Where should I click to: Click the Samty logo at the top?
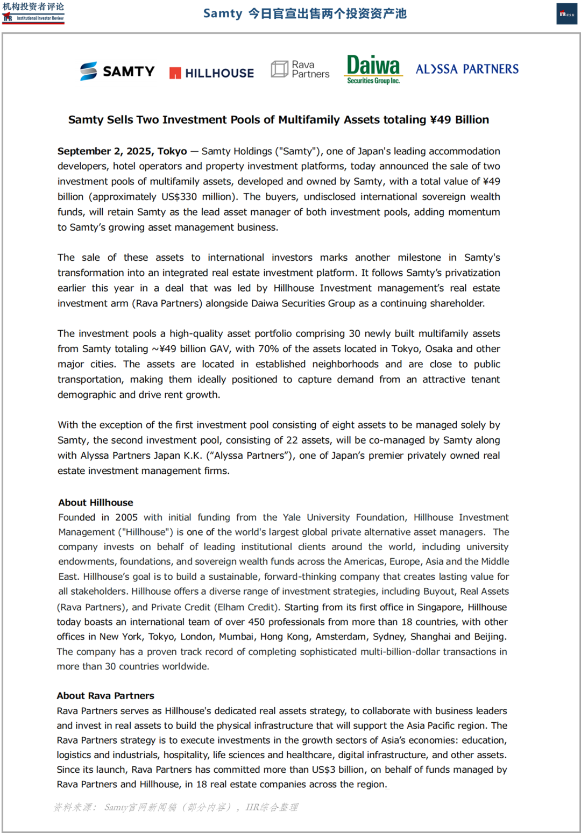(x=117, y=71)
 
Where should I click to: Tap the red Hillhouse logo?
(x=211, y=73)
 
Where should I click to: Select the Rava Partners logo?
(x=300, y=69)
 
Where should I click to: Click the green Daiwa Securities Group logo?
(x=373, y=69)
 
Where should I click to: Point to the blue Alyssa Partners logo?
(x=467, y=69)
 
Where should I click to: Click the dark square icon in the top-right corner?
(x=566, y=14)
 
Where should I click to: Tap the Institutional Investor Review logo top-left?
(x=33, y=12)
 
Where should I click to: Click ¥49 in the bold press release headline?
(x=441, y=120)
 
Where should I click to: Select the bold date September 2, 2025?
(x=122, y=151)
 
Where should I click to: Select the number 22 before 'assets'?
(x=292, y=440)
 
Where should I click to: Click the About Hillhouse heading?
(x=96, y=503)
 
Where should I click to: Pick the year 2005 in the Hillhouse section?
(x=126, y=517)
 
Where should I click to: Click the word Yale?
(x=292, y=517)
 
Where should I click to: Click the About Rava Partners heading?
(x=105, y=696)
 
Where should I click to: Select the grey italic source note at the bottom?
(x=175, y=807)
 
